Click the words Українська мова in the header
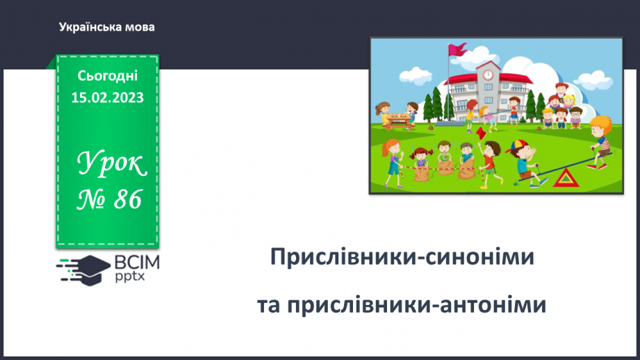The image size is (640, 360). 107,28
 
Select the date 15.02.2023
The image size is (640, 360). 108,98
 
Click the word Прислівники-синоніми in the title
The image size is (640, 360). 402,258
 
